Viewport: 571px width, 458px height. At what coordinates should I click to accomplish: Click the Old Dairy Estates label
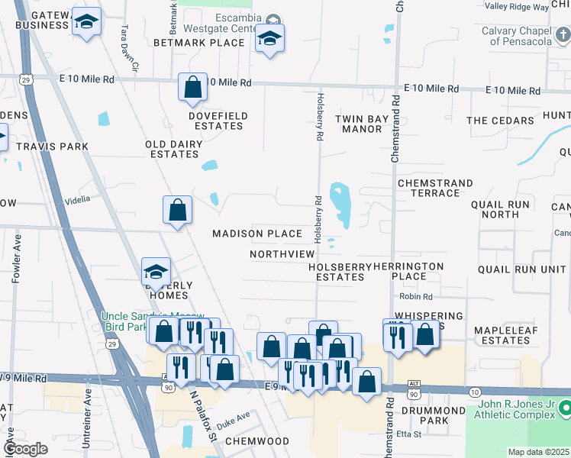tap(174, 149)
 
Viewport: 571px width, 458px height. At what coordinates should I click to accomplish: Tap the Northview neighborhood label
tap(282, 253)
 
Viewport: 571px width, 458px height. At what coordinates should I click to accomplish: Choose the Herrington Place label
tap(408, 271)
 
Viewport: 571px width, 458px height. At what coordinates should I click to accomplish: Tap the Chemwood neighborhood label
tap(257, 441)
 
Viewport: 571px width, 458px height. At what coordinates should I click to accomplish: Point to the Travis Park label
tap(52, 146)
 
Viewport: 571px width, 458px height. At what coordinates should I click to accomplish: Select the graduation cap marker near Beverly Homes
tap(156, 273)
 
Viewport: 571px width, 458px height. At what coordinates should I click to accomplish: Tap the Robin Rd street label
tap(415, 296)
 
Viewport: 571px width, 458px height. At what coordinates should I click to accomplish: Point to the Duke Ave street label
tap(233, 418)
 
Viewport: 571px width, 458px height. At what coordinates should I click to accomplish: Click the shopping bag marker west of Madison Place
tap(177, 210)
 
